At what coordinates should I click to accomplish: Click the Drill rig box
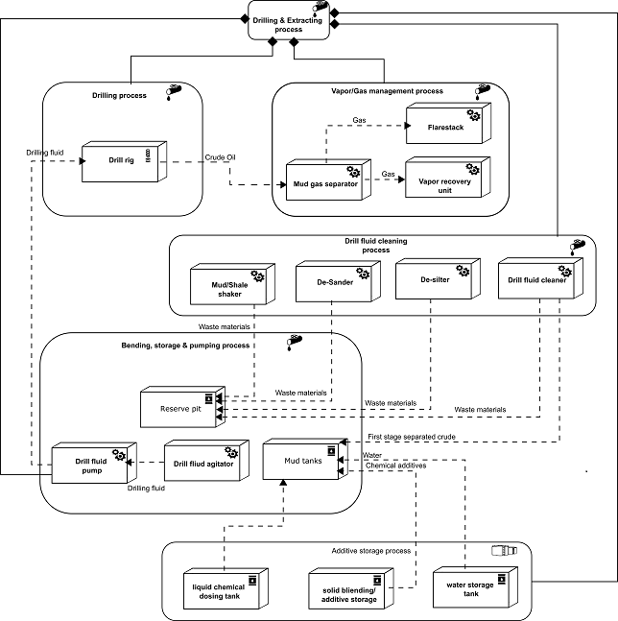tap(124, 161)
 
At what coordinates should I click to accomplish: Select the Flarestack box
tap(448, 123)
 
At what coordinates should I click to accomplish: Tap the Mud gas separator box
tap(328, 179)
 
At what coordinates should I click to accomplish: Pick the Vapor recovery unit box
tap(448, 177)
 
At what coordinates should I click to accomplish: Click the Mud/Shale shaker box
tap(233, 284)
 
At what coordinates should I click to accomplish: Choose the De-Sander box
tap(338, 281)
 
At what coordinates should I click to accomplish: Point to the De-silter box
tap(438, 278)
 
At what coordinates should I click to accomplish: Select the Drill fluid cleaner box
tap(540, 278)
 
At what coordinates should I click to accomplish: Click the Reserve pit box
tap(183, 407)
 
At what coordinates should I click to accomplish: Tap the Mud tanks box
tap(305, 459)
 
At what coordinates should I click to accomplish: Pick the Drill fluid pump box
tap(94, 463)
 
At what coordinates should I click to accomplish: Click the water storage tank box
tap(475, 587)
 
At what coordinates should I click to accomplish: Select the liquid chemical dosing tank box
tap(226, 588)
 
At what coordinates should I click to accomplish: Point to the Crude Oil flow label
tap(220, 157)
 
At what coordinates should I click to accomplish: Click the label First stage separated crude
tap(412, 437)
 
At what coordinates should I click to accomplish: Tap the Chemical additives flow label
tap(396, 466)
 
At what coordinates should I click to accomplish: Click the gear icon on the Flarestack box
tap(473, 115)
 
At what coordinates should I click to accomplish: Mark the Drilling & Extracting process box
tap(289, 20)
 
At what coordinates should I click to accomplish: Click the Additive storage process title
tap(371, 551)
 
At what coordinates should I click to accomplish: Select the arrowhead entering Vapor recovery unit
tap(401, 179)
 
